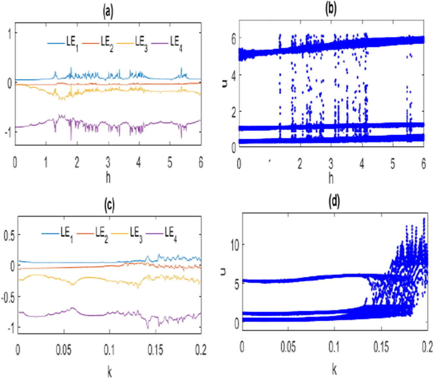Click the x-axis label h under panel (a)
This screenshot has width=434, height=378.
tap(108, 178)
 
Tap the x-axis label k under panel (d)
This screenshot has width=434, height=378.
tap(334, 369)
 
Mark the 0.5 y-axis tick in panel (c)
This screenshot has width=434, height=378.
tap(9, 235)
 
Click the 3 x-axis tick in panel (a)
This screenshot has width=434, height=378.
tap(108, 162)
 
